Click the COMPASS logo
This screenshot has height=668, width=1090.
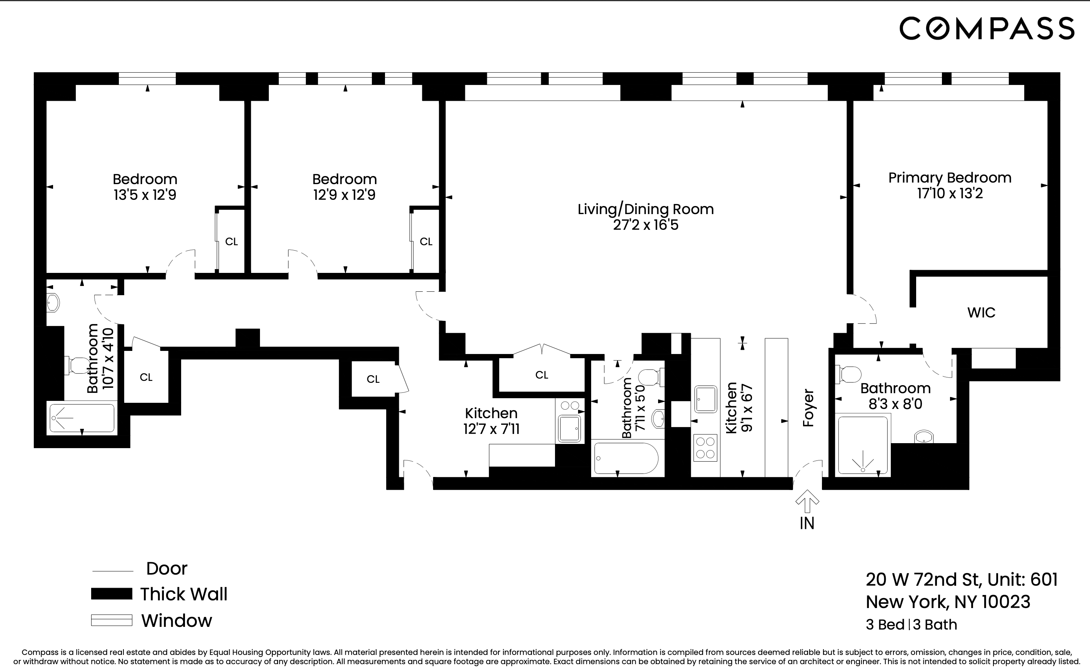coord(987,28)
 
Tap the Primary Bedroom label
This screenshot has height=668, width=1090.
coord(950,178)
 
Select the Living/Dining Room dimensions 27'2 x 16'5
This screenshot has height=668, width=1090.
coord(645,225)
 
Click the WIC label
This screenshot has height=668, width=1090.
coord(981,312)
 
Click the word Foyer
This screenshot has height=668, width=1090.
coord(808,408)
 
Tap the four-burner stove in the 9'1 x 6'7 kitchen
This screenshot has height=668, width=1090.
coord(705,448)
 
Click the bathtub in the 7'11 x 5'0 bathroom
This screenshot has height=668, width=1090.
coord(626,459)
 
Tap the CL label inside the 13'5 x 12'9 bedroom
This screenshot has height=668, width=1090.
coord(232,242)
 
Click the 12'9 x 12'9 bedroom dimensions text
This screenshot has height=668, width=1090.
coord(344,195)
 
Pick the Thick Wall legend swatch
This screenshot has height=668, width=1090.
coord(112,594)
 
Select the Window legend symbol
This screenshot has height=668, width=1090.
coord(112,620)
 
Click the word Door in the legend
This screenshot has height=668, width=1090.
coord(167,568)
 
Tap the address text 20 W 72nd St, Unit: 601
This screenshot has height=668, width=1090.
coord(961,580)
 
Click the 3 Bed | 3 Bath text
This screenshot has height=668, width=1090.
coord(911,625)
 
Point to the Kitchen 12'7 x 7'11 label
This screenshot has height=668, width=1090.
coord(491,421)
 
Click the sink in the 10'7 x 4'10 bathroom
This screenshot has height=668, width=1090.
coord(53,303)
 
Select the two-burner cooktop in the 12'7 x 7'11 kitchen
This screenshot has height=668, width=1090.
coord(569,405)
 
